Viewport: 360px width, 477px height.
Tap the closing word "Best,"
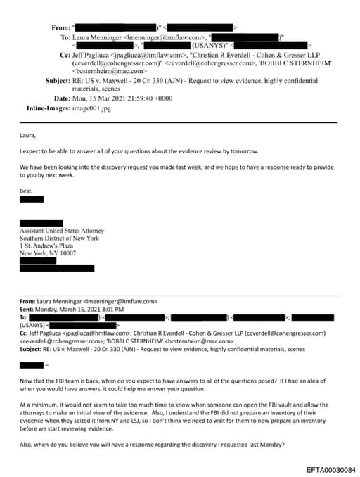pos(27,190)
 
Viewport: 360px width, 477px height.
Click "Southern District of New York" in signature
pos(59,238)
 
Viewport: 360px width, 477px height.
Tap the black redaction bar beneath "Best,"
pos(32,199)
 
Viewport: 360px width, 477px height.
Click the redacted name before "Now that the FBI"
pos(32,365)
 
